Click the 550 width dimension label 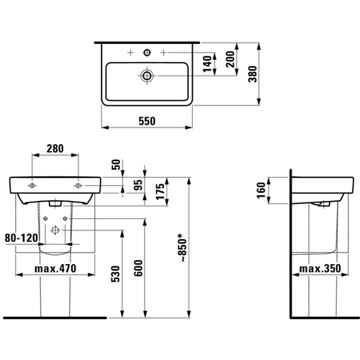pyautogui.click(x=147, y=121)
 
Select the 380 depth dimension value pyautogui.click(x=253, y=74)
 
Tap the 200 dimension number pyautogui.click(x=230, y=59)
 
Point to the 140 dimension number pyautogui.click(x=207, y=64)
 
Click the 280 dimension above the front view pyautogui.click(x=55, y=148)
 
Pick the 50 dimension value pyautogui.click(x=116, y=164)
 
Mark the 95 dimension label pyautogui.click(x=138, y=185)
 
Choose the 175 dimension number pyautogui.click(x=161, y=192)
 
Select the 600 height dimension pyautogui.click(x=138, y=268)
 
